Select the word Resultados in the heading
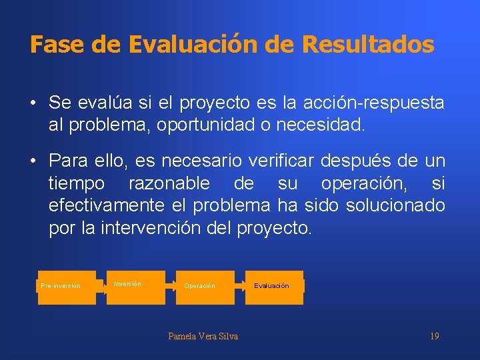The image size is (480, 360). click(x=368, y=45)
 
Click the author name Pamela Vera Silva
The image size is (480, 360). click(x=203, y=336)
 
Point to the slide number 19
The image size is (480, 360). click(x=434, y=336)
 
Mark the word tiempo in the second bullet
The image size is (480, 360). click(x=76, y=183)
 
